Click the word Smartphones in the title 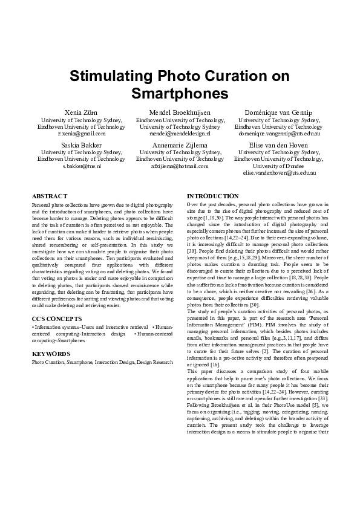point(180,94)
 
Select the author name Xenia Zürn point(81,112)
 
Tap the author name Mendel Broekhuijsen point(180,112)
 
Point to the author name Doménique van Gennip point(278,112)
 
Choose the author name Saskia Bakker point(81,145)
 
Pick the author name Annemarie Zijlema point(180,145)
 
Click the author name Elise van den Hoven point(278,145)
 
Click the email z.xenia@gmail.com point(81,134)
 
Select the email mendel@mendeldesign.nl point(180,134)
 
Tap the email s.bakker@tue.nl point(81,166)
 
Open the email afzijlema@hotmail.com point(180,166)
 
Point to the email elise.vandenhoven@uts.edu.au point(278,173)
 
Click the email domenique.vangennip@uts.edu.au point(278,134)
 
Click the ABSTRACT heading point(50,196)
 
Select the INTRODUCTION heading point(213,196)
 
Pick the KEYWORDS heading point(51,354)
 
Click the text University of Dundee point(278,166)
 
